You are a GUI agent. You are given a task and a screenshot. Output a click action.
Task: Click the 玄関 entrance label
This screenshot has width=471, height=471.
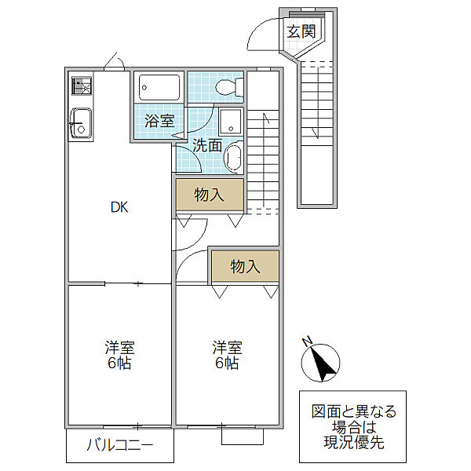coord(301,31)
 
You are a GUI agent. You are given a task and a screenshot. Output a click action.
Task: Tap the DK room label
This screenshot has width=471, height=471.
coord(119,207)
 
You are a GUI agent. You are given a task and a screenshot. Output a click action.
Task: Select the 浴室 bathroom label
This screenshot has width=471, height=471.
coord(159,121)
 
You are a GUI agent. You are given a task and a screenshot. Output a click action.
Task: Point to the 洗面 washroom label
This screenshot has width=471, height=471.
coord(207,145)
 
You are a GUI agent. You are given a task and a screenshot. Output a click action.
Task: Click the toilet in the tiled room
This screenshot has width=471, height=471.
coord(229,87)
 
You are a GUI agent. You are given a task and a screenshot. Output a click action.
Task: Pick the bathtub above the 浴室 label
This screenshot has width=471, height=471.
coord(159,87)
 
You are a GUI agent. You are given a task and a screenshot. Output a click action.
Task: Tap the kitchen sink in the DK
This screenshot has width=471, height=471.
coord(81,123)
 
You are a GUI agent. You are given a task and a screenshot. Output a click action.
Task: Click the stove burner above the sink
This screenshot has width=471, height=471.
coord(82,86)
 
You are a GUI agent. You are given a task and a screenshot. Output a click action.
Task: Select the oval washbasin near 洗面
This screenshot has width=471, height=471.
coord(234,158)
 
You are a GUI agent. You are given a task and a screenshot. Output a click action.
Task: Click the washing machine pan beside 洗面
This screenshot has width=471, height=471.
coord(230,122)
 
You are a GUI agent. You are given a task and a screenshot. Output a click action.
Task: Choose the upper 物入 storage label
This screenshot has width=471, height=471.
coord(209,195)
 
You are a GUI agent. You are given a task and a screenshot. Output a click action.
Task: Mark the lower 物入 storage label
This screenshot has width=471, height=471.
coord(245,267)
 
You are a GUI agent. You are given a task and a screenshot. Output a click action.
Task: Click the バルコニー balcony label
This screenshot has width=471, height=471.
coord(120,445)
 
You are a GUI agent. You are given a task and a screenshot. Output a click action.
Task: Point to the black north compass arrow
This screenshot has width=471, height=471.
coord(323,364)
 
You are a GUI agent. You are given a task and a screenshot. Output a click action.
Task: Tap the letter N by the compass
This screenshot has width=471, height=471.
coord(307,341)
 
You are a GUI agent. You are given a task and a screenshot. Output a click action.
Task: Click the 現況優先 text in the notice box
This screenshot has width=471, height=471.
coord(354,443)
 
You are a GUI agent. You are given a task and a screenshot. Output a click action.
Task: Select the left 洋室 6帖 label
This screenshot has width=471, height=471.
coord(119,355)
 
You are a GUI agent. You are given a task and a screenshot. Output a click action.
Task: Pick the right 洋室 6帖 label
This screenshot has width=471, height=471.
coord(227,355)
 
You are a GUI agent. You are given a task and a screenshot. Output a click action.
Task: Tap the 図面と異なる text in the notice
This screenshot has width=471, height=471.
coord(354,411)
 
